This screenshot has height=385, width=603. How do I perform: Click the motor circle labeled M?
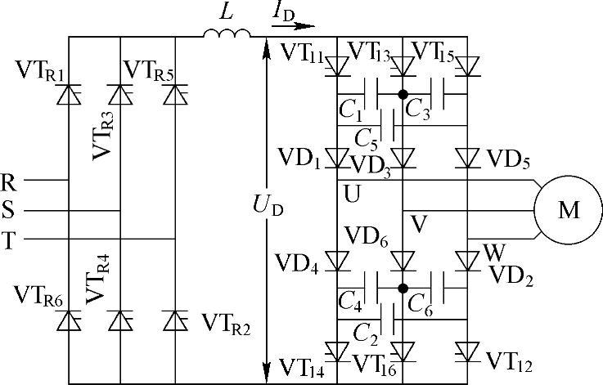[568, 210]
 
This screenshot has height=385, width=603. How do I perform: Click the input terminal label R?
[9, 181]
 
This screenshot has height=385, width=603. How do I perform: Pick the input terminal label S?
[9, 211]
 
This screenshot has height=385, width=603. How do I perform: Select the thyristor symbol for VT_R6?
[66, 320]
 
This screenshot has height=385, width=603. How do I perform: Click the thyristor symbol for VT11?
[338, 65]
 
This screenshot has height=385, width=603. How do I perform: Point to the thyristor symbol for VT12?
[467, 352]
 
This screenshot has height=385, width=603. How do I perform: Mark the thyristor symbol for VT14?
[338, 352]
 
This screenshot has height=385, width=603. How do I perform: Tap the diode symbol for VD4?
[338, 261]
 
